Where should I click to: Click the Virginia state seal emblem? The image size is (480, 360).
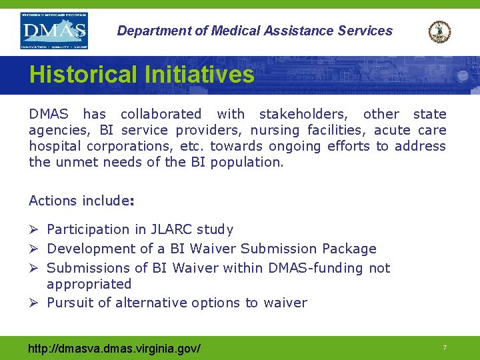(x=439, y=31)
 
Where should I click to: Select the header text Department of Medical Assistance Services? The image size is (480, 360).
(x=255, y=31)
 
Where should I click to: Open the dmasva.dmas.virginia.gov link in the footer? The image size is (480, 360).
(x=115, y=348)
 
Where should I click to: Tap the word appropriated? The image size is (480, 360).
(x=89, y=284)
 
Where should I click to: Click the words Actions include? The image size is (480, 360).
(x=81, y=201)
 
